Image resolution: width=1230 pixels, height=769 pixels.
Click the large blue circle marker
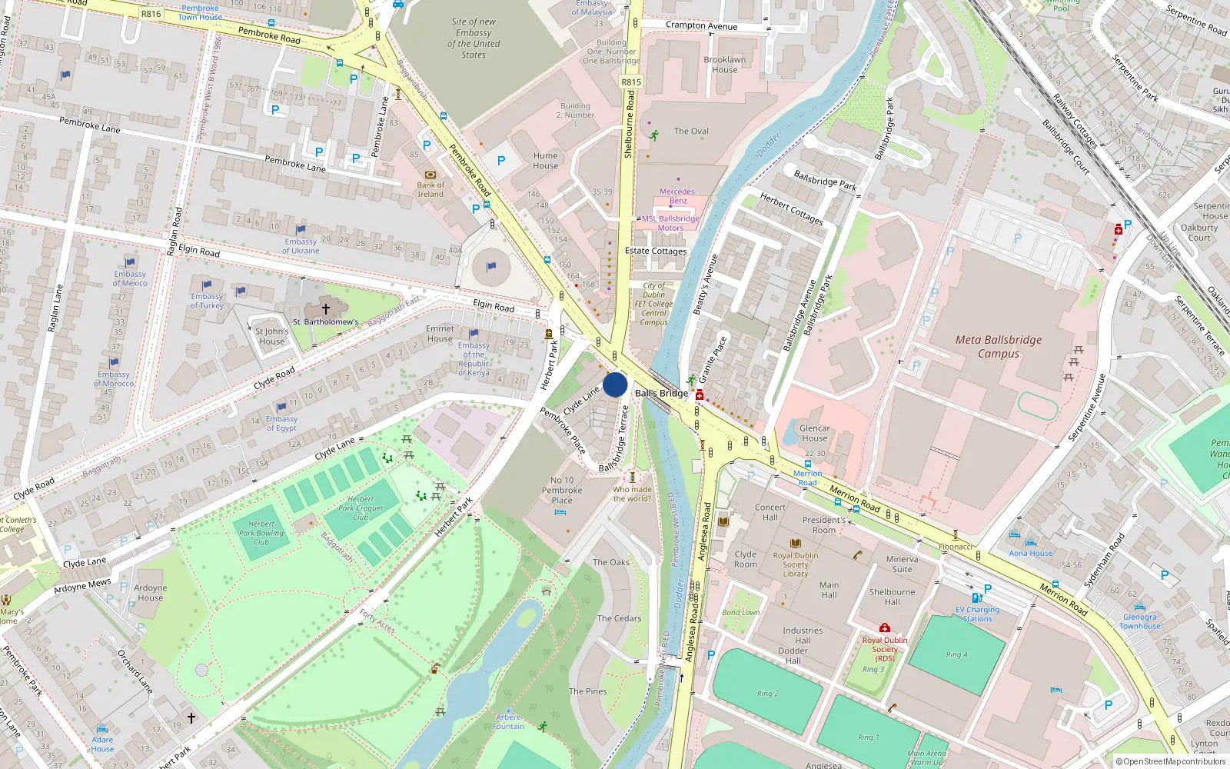pyautogui.click(x=615, y=384)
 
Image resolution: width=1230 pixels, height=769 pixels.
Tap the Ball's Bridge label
pyautogui.click(x=661, y=393)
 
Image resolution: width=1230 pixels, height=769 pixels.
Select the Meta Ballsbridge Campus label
pyautogui.click(x=999, y=347)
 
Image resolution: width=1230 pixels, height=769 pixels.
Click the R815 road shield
pyautogui.click(x=630, y=82)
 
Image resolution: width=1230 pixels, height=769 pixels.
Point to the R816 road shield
pyautogui.click(x=151, y=14)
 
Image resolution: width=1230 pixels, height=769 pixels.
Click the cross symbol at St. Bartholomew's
pyautogui.click(x=326, y=309)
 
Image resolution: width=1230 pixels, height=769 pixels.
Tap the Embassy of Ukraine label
pyautogui.click(x=301, y=246)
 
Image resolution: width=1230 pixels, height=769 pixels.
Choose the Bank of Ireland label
pyautogui.click(x=430, y=189)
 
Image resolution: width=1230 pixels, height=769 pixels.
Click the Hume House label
pyautogui.click(x=545, y=161)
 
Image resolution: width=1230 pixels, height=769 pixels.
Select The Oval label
pyautogui.click(x=691, y=131)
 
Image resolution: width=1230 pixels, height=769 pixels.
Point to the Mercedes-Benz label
pyautogui.click(x=677, y=196)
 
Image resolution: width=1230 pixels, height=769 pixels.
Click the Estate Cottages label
pyautogui.click(x=656, y=251)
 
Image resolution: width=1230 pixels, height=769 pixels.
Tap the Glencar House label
pyautogui.click(x=814, y=433)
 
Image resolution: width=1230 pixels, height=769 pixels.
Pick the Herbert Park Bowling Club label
pyautogui.click(x=261, y=533)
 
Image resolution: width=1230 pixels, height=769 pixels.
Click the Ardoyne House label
pyautogui.click(x=151, y=593)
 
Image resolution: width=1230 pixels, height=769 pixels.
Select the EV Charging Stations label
pyautogui.click(x=978, y=614)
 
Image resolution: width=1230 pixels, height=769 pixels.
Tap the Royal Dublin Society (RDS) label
pyautogui.click(x=885, y=648)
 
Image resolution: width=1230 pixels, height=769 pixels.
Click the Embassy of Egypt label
pyautogui.click(x=281, y=424)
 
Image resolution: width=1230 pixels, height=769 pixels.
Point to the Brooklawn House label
pyautogui.click(x=724, y=65)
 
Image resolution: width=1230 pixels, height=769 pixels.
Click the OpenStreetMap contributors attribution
pyautogui.click(x=1171, y=761)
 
